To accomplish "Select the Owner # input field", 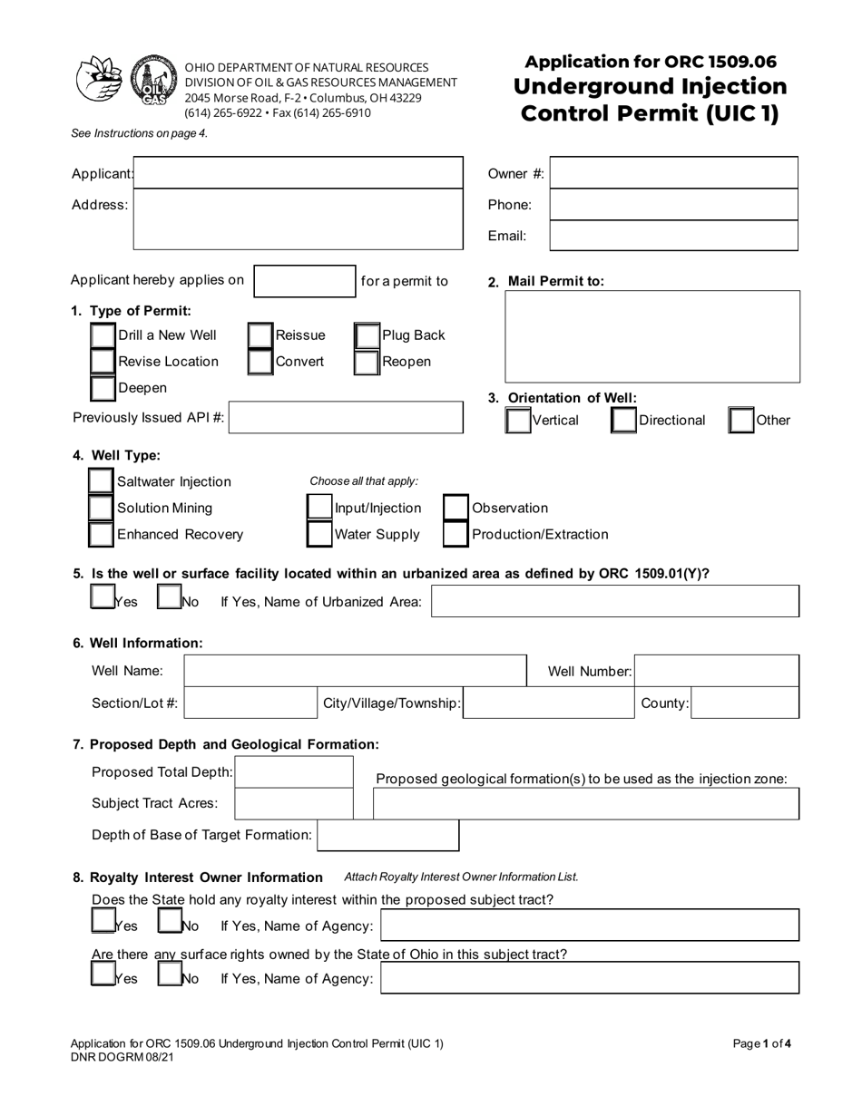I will point(673,173).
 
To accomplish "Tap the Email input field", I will point(673,236).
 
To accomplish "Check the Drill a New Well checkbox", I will point(103,336).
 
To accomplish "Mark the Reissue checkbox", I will point(260,336).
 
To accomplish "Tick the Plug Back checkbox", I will point(367,336).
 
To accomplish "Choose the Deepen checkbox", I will point(103,388).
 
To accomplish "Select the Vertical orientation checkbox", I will point(518,421).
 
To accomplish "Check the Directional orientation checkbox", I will point(623,421).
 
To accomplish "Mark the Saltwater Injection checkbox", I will point(101,481).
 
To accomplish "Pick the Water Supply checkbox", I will point(319,535).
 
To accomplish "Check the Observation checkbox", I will point(455,509).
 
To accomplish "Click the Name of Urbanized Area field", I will point(615,602).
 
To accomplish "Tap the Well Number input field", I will point(717,672).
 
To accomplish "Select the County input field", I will point(745,703).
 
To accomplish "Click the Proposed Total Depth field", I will point(294,772).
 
